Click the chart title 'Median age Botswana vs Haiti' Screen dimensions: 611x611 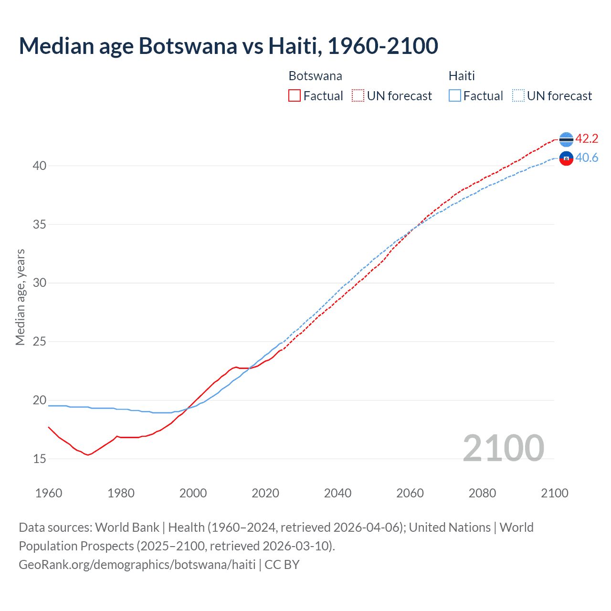point(228,46)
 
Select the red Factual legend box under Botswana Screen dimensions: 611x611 point(295,96)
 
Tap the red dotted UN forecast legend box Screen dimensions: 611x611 point(358,96)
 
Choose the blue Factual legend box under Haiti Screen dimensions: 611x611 point(455,96)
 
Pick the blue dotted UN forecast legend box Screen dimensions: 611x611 point(518,96)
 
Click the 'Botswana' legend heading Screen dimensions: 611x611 point(315,76)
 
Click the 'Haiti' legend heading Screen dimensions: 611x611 point(462,76)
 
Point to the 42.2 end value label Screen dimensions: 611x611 point(587,139)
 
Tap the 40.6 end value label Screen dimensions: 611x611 point(587,158)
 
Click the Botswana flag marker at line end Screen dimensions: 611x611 point(566,139)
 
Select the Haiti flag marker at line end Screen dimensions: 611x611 point(566,158)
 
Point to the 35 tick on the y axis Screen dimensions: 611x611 point(39,224)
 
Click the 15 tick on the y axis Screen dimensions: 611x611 point(39,459)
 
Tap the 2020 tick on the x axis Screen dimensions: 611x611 point(265,493)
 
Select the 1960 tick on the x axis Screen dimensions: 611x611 point(49,493)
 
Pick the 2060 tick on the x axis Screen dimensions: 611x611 point(410,493)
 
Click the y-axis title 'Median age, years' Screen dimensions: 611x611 point(20,297)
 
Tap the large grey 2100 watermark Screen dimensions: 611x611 point(504,448)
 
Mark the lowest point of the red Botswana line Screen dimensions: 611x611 point(88,455)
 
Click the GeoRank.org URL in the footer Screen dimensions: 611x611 point(137,565)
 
